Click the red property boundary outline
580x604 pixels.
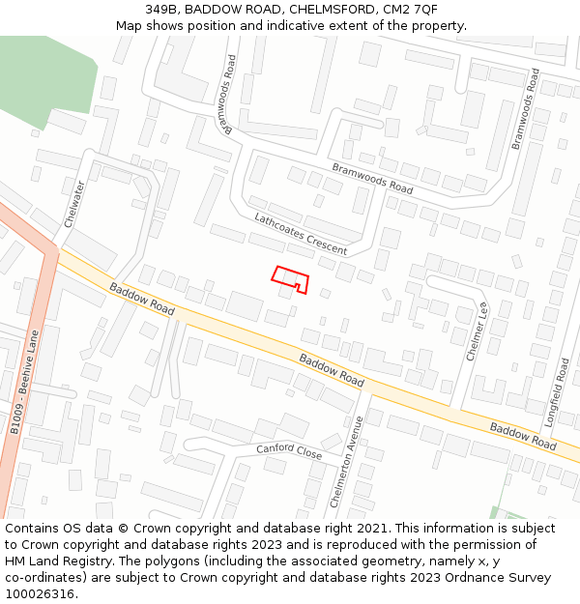[x=290, y=278]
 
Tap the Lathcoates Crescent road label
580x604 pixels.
[x=301, y=235]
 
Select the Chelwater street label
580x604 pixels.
[x=75, y=204]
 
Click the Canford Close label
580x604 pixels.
[x=289, y=451]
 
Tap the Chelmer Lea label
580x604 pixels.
[x=478, y=331]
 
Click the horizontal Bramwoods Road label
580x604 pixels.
[x=372, y=177]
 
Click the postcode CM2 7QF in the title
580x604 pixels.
[x=411, y=9]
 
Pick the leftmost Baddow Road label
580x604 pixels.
[x=142, y=300]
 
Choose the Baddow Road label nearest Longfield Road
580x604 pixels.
[x=523, y=437]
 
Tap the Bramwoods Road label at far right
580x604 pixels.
[x=527, y=107]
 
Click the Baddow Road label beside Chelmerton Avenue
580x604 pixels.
[x=332, y=370]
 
